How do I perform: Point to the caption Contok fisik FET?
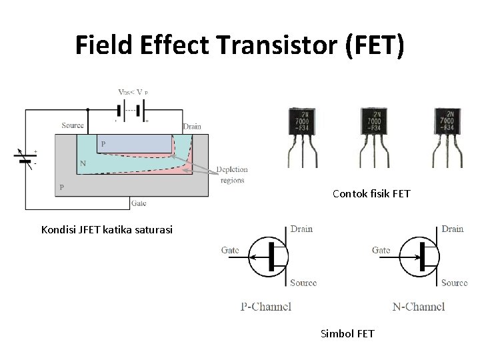pos(371,194)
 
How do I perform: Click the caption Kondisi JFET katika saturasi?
pos(107,230)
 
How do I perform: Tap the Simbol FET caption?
pos(347,333)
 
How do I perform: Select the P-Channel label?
pos(266,307)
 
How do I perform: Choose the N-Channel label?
pos(419,307)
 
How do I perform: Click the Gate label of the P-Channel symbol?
pos(230,250)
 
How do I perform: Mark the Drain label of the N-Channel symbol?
pos(452,229)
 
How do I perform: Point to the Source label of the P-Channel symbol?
pos(303,283)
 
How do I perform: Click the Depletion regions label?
pos(231,175)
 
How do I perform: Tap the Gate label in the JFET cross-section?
pos(139,203)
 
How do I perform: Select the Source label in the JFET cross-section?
pos(73,125)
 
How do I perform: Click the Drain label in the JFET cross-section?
pos(192,126)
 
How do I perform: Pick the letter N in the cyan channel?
pos(83,163)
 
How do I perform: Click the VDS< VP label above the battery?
pos(133,93)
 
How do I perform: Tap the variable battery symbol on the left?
pos(25,157)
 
